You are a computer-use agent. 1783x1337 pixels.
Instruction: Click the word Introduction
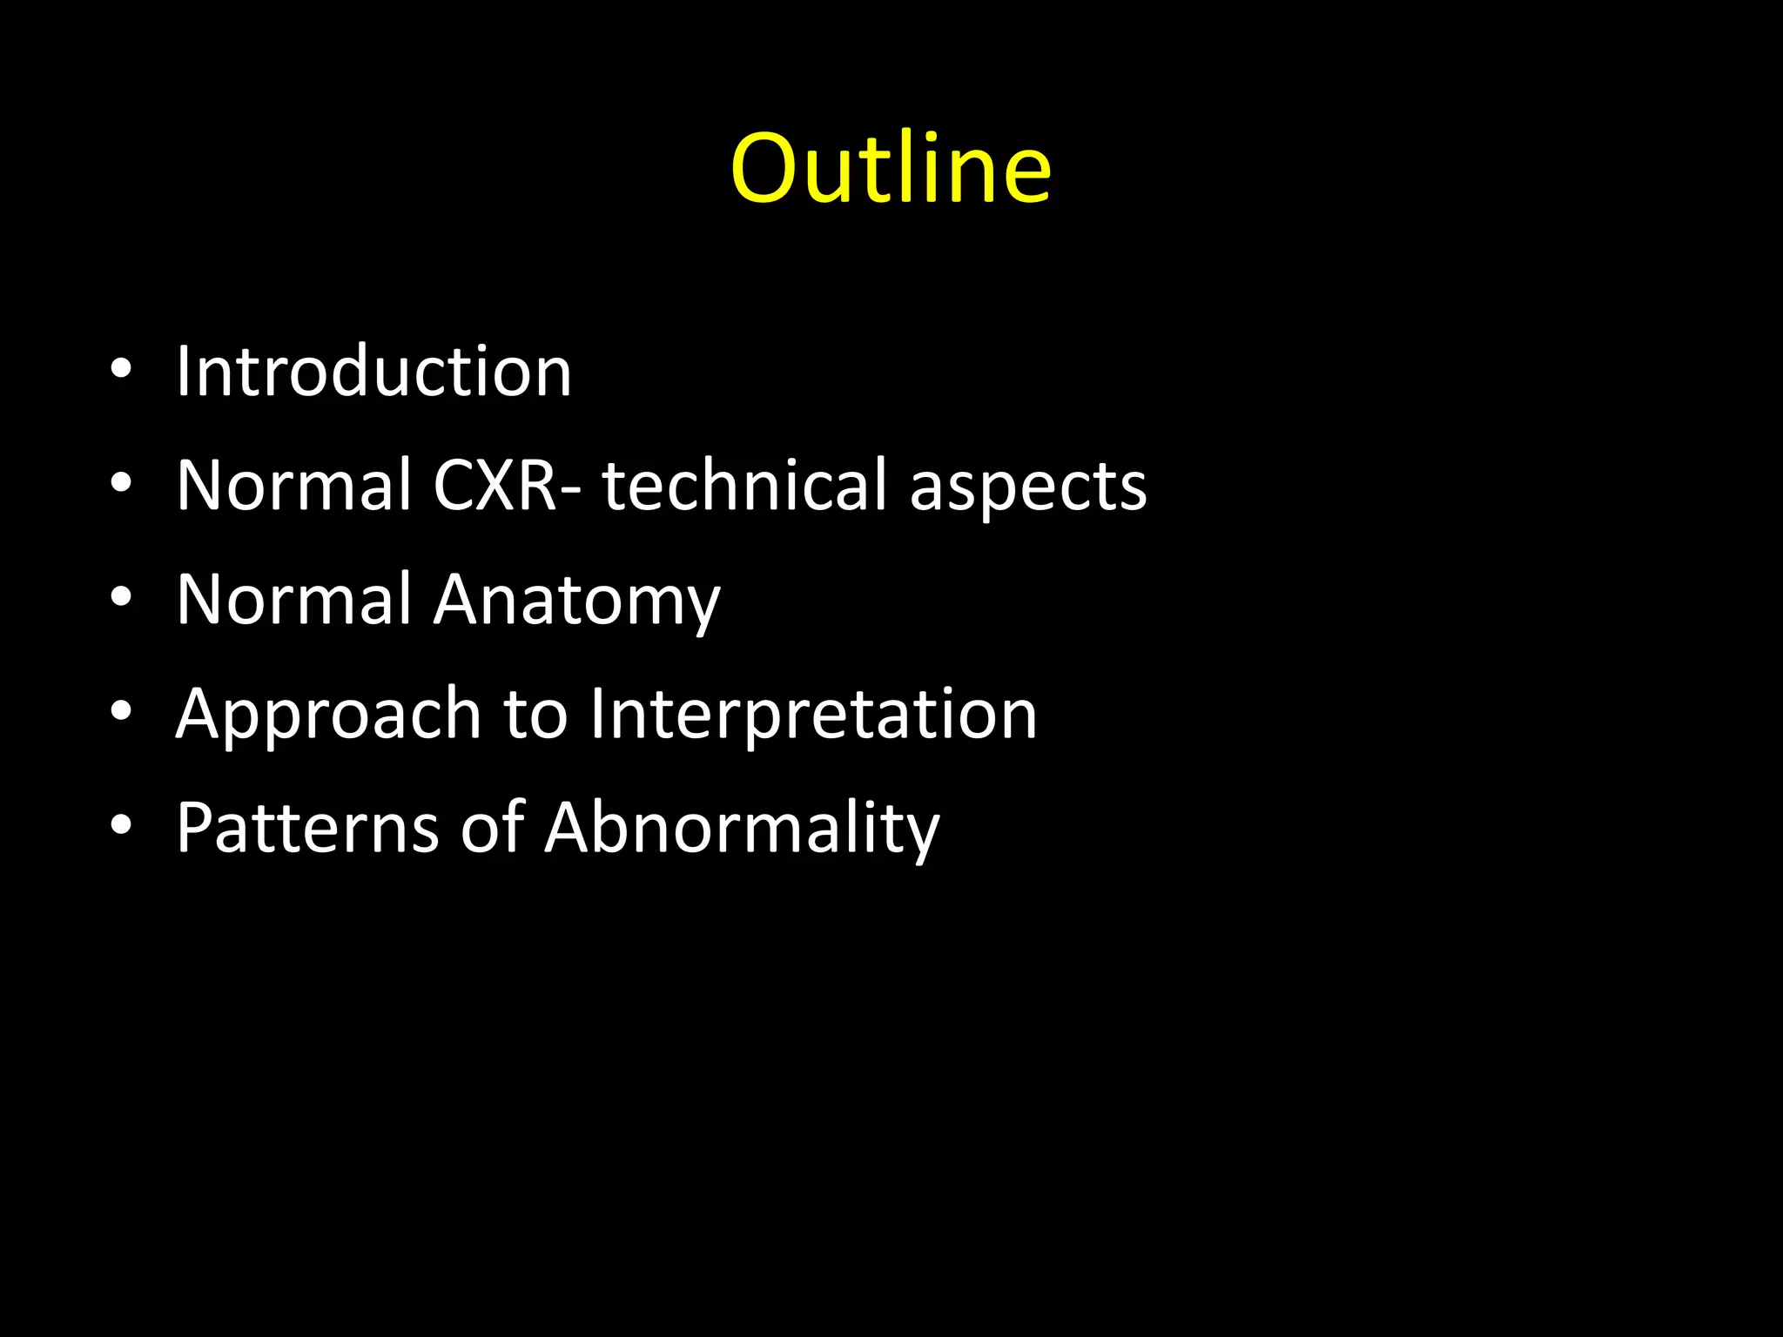pos(373,372)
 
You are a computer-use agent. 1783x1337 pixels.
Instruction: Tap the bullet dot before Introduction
pos(121,369)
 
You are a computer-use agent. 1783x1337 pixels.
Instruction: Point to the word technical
pos(743,485)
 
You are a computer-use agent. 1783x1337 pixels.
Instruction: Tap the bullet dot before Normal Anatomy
pos(121,597)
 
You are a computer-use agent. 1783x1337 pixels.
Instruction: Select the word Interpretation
pos(813,716)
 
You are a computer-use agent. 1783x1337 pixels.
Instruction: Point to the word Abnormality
pos(742,829)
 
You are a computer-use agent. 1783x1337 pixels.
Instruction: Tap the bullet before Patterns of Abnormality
pos(121,824)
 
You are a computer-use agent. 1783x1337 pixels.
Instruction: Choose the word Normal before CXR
pos(293,485)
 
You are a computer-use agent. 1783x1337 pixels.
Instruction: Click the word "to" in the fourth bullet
pos(535,716)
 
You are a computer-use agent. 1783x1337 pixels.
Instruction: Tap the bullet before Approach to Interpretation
pos(121,711)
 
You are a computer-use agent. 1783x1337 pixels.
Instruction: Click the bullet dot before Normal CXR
pos(121,483)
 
